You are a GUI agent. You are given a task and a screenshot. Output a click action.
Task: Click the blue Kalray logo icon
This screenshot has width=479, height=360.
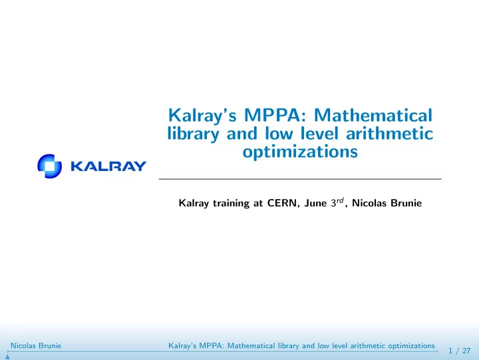coord(49,166)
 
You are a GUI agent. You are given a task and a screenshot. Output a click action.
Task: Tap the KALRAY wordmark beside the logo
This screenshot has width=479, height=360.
coord(108,166)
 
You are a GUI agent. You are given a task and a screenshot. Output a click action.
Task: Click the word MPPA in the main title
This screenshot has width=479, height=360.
coord(275,115)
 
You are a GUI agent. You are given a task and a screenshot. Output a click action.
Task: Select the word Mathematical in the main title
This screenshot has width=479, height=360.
coord(373,115)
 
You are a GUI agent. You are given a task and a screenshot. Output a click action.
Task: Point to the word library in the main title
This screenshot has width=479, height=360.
coord(193,134)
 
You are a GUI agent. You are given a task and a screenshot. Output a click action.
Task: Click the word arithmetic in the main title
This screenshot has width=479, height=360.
coord(389,134)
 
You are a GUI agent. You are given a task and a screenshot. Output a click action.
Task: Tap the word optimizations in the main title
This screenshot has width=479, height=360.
coord(300,151)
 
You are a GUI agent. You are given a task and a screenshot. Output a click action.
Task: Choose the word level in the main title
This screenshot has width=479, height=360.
coord(319,133)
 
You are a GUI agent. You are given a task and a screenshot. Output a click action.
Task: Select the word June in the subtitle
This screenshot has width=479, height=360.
coord(315,203)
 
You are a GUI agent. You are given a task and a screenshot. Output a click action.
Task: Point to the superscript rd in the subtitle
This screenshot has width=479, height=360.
coord(340,200)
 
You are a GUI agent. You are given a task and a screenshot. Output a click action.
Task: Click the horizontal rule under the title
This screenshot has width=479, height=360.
coord(300,179)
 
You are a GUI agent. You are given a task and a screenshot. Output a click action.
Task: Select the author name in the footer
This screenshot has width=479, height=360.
coord(36,345)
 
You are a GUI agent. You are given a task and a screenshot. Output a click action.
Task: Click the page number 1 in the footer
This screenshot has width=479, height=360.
coord(450,351)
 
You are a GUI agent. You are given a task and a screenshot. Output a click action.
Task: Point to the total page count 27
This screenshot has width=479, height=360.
coord(466,351)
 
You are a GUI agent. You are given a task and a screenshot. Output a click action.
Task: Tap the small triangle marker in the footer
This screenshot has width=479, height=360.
coord(7,357)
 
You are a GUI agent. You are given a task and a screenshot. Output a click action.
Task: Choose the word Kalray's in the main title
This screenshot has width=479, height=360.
coord(202,116)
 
